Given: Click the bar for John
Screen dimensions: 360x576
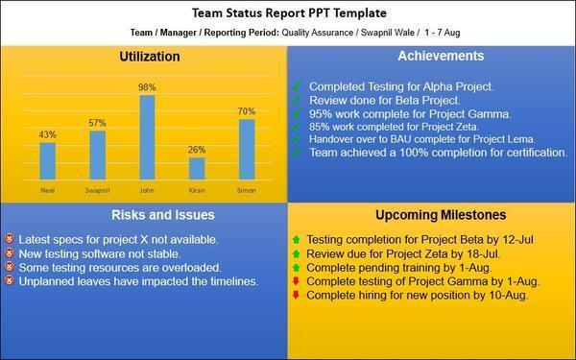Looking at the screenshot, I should [147, 136].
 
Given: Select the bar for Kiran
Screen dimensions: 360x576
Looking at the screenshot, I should [197, 168].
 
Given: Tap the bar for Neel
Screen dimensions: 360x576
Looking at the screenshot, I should [47, 159].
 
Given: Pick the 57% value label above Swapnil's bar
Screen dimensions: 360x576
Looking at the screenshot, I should [97, 123].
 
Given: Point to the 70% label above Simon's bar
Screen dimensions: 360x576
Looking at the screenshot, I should [247, 110].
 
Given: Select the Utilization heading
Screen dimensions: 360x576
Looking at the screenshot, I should [148, 57].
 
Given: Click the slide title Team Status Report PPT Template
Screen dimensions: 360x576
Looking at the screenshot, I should [288, 14].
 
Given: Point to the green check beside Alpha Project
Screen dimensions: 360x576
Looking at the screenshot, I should [299, 86].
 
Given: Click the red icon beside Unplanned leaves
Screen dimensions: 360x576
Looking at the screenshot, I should [10, 281].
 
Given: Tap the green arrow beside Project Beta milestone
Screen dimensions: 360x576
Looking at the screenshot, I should [297, 238].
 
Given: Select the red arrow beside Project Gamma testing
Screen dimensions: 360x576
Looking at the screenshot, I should [297, 281].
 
